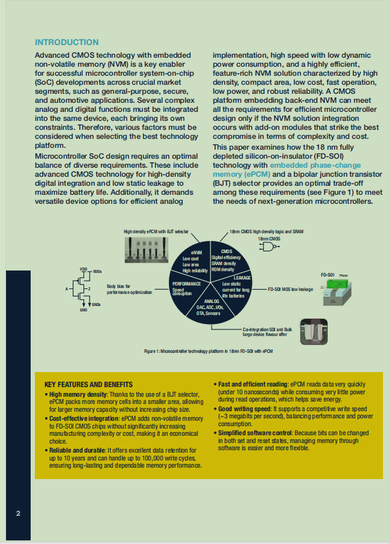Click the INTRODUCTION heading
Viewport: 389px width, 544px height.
[x=67, y=42]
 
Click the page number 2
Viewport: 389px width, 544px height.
[x=19, y=513]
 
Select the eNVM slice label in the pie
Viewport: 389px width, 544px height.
[x=196, y=252]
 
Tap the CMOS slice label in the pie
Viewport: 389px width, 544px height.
[x=227, y=251]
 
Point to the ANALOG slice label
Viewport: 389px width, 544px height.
[x=212, y=301]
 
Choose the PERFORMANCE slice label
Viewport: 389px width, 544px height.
[x=186, y=283]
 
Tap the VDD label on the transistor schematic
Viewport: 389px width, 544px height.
[x=84, y=268]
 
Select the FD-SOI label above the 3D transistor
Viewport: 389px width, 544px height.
[x=328, y=274]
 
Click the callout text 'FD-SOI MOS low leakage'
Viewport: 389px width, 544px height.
[x=290, y=289]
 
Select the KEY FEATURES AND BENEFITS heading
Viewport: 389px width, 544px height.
[x=88, y=384]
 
